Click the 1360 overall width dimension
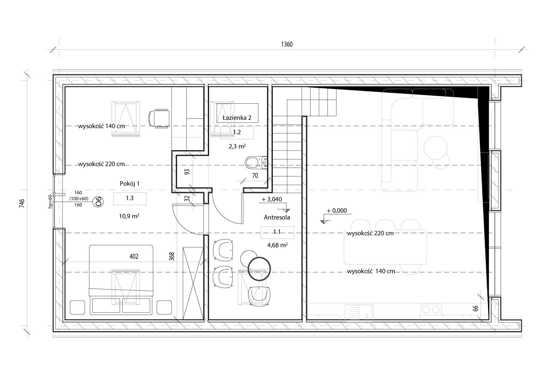pyautogui.click(x=287, y=44)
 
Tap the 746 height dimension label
pyautogui.click(x=22, y=203)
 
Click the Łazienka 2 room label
pyautogui.click(x=237, y=118)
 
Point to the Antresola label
pyautogui.click(x=277, y=217)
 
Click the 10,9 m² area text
pyautogui.click(x=129, y=216)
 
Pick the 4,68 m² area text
pyautogui.click(x=277, y=245)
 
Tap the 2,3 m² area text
pyautogui.click(x=237, y=146)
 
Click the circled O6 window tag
pyautogui.click(x=99, y=202)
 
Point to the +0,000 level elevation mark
pyautogui.click(x=336, y=211)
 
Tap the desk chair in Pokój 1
pyautogui.click(x=159, y=118)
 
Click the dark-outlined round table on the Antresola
pyautogui.click(x=259, y=269)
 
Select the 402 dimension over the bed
pyautogui.click(x=134, y=256)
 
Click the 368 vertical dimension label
pyautogui.click(x=172, y=257)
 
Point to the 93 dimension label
pyautogui.click(x=187, y=172)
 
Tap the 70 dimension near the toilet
pyautogui.click(x=255, y=175)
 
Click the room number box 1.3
pyautogui.click(x=130, y=199)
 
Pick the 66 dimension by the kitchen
pyautogui.click(x=475, y=308)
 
